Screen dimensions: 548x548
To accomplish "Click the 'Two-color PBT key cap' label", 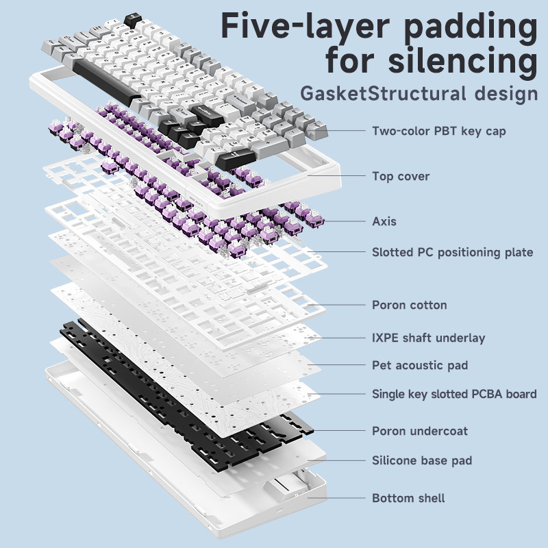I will pyautogui.click(x=438, y=131).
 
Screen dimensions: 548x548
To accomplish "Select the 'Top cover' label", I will pyautogui.click(x=401, y=176).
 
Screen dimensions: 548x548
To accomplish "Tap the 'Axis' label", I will pyautogui.click(x=384, y=221).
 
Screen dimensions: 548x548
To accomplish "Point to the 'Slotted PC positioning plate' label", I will pyautogui.click(x=452, y=252).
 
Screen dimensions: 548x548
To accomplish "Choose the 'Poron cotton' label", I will pyautogui.click(x=409, y=305).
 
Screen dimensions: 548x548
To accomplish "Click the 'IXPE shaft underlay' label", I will pyautogui.click(x=428, y=338).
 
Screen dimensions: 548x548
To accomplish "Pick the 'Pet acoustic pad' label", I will pyautogui.click(x=419, y=365).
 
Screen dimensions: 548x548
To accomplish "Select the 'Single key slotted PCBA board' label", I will pyautogui.click(x=453, y=394).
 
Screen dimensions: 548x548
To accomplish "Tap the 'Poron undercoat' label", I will pyautogui.click(x=419, y=431).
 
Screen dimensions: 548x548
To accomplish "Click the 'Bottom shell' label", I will pyautogui.click(x=408, y=498).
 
